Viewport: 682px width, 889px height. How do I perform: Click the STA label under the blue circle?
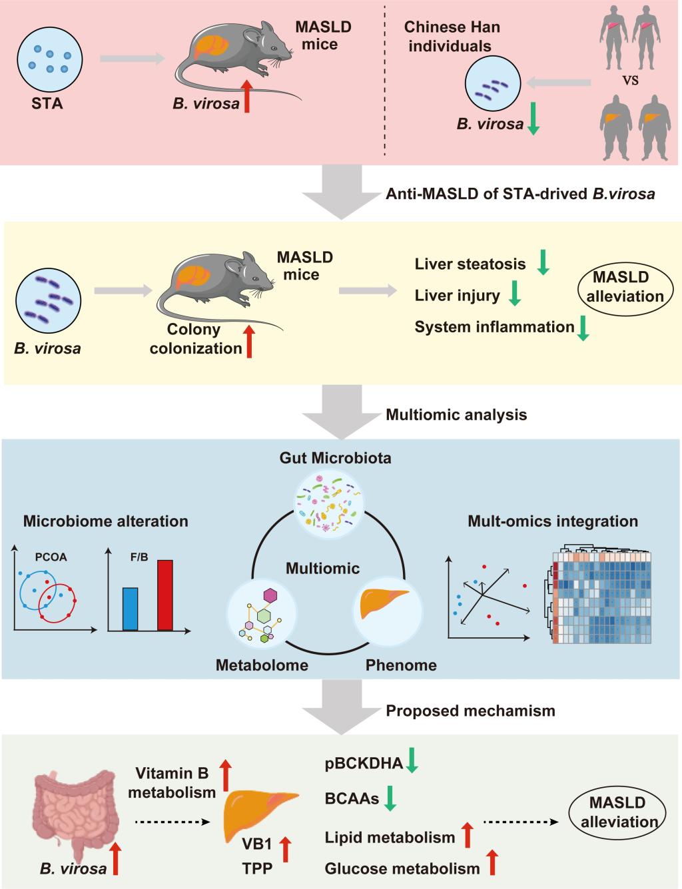coord(47,103)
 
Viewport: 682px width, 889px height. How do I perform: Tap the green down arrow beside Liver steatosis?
coord(543,262)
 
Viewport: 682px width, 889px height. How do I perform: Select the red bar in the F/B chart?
coord(165,595)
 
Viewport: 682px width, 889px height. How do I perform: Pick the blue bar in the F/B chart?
coord(131,609)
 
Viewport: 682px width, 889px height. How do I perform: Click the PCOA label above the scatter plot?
coord(51,557)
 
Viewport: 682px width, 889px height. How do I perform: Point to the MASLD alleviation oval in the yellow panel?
coord(625,287)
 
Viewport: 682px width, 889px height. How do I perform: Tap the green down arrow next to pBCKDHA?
coord(412,760)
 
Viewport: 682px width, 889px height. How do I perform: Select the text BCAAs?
coord(352,798)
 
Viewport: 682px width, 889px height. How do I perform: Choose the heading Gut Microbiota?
coord(335,458)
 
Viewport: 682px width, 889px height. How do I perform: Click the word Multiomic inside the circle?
coord(322,568)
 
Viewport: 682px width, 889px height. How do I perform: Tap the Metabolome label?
coord(262,665)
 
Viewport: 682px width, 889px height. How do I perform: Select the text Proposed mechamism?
coord(470,711)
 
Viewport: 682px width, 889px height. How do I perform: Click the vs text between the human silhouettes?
coord(630,80)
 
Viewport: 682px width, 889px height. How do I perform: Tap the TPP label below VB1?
coord(257,868)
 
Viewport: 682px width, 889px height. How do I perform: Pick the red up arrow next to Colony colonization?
coord(250,341)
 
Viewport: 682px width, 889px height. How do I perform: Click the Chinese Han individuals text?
coord(452,37)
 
